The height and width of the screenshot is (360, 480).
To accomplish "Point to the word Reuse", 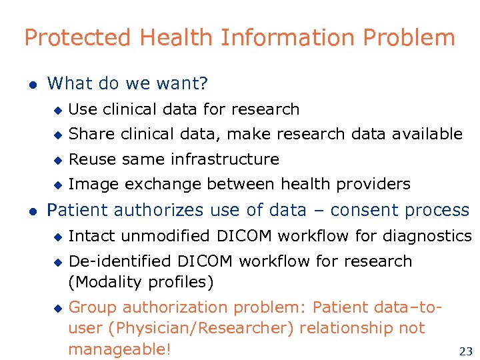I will (91, 159).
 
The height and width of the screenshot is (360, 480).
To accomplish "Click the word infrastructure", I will (225, 159).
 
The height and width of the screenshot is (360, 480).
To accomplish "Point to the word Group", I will (93, 307).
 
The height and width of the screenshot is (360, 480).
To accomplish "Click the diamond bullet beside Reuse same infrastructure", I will (57, 160).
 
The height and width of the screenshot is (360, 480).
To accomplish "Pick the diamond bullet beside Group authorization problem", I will (57, 308).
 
